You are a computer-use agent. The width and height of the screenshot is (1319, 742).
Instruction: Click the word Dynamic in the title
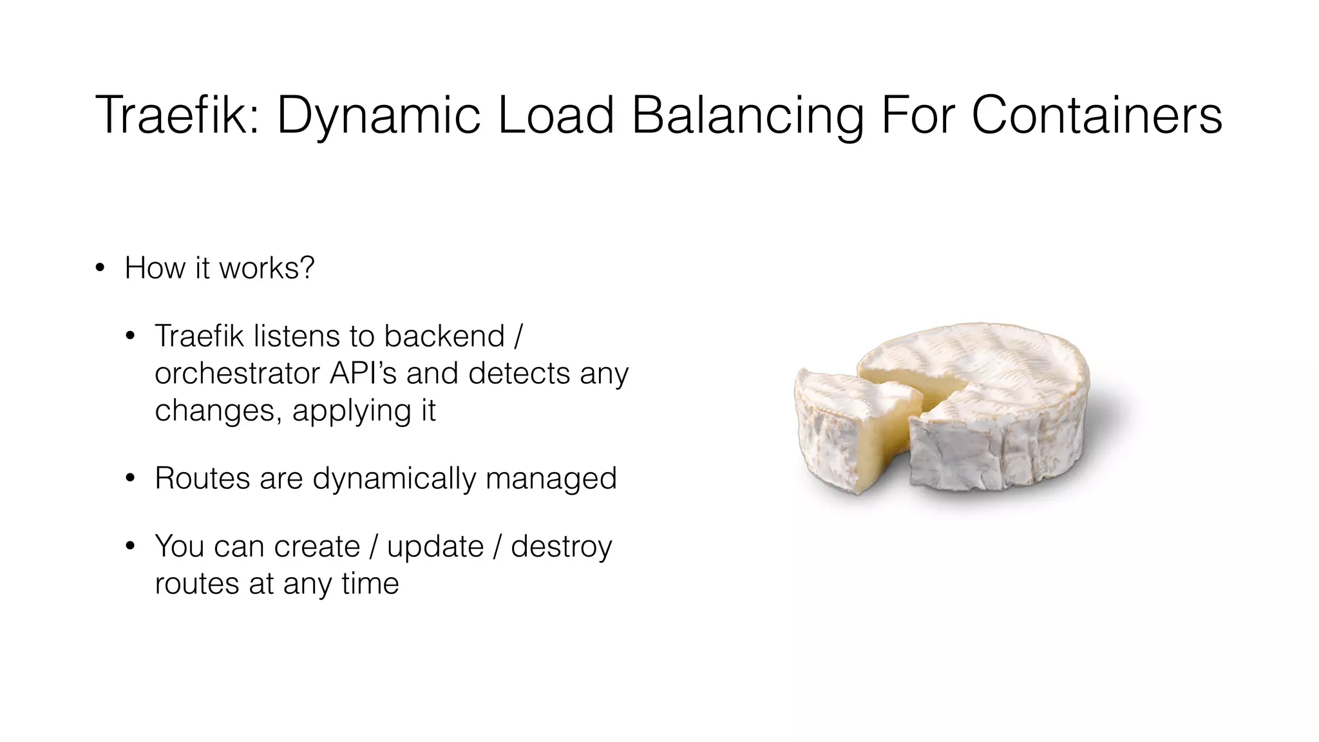pos(379,116)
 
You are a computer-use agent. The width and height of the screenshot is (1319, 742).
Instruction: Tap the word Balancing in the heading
pos(748,116)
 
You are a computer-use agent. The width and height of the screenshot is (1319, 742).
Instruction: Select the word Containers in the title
pos(1096,116)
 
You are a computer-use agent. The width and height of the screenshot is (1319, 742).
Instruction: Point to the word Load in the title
pos(556,116)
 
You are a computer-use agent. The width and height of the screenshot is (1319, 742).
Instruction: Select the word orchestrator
pos(237,374)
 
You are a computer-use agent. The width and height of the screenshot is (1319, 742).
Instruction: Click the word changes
pos(218,411)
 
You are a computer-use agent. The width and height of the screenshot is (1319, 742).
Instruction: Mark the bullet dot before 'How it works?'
pos(99,268)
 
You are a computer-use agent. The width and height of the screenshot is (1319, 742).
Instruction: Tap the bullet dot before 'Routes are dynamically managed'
pos(131,479)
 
